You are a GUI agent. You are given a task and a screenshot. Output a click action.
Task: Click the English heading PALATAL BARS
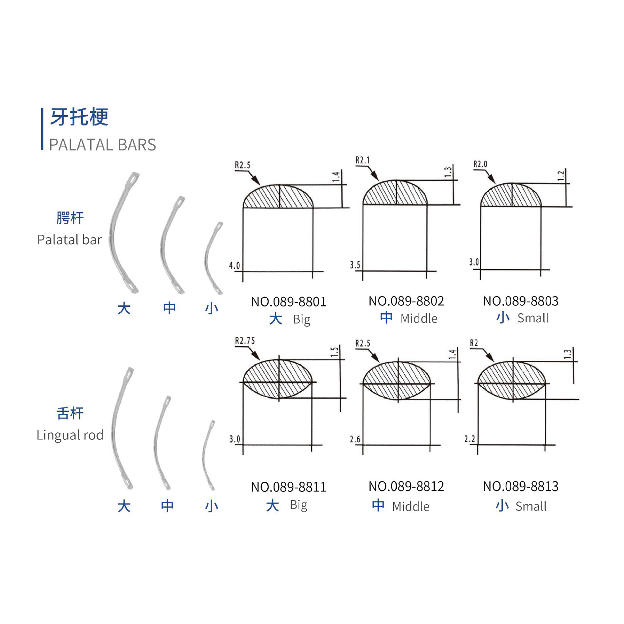coord(102,145)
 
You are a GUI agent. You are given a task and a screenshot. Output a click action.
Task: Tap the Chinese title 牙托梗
coord(79,117)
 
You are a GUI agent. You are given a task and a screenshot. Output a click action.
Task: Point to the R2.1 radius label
coord(362,160)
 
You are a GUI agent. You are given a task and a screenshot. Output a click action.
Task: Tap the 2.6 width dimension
coord(355,439)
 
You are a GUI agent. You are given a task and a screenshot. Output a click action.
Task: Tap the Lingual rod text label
coord(70,435)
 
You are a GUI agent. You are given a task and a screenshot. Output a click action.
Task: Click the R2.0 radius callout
coord(480,164)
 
